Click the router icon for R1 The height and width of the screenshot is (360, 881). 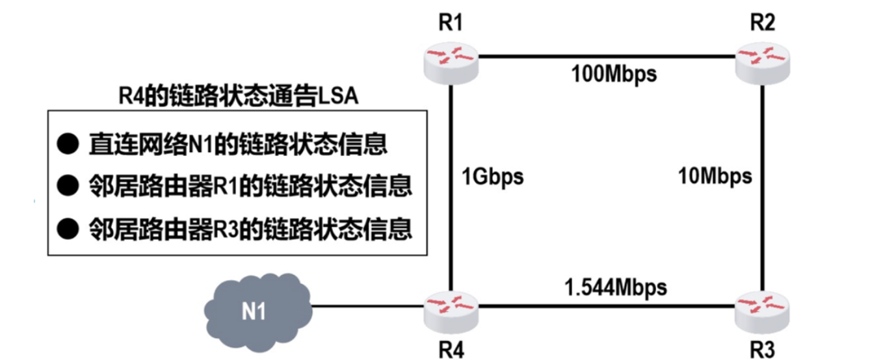[x=451, y=63]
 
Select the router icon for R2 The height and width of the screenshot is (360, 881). [x=763, y=63]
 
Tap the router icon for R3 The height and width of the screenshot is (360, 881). [x=762, y=312]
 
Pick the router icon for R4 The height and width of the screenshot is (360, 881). [x=451, y=312]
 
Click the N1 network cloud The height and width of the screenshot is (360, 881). [x=258, y=312]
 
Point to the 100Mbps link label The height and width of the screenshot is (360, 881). [x=614, y=75]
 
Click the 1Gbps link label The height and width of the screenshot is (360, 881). [x=492, y=177]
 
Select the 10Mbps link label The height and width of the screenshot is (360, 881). [x=715, y=177]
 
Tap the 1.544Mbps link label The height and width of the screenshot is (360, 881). [x=616, y=288]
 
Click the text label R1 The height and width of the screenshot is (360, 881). [x=451, y=22]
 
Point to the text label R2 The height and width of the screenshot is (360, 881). [x=763, y=22]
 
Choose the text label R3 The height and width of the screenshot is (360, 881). [x=763, y=350]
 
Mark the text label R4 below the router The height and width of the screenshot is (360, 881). [x=451, y=350]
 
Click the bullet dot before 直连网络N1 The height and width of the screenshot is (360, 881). [x=68, y=144]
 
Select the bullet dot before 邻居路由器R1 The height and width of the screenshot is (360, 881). [x=68, y=185]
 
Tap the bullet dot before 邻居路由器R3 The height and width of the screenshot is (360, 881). [x=68, y=229]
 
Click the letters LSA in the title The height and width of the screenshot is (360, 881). [x=338, y=96]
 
